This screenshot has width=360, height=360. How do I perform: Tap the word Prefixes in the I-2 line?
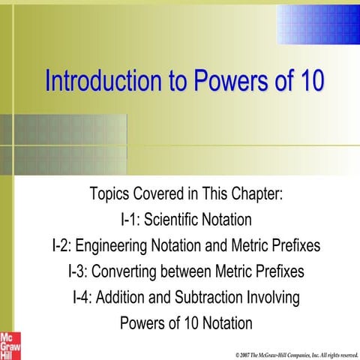(x=294, y=246)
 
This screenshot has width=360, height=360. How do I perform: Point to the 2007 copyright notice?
(x=296, y=353)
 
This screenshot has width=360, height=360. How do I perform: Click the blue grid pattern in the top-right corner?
(x=319, y=22)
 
